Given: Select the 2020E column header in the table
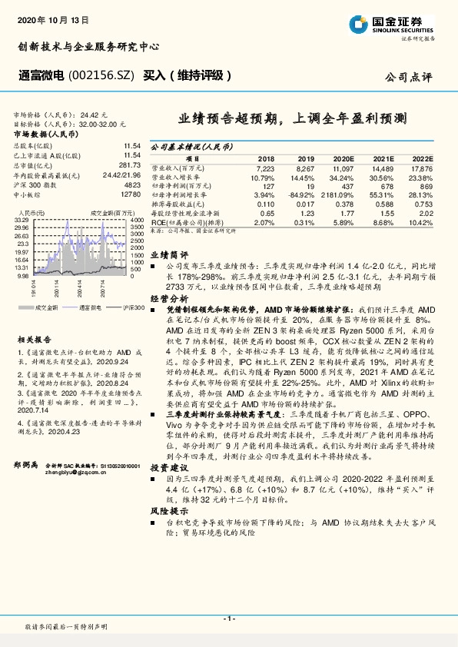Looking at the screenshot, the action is pos(343,157).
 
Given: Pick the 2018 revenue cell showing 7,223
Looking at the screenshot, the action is pos(264,167).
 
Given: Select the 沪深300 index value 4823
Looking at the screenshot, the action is pos(132,184).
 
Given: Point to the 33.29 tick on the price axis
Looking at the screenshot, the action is pos(22,220).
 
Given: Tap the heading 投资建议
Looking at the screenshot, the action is pos(168,466).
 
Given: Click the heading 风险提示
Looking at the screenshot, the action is pos(168,509).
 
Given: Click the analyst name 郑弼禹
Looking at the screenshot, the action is pos(27,444).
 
